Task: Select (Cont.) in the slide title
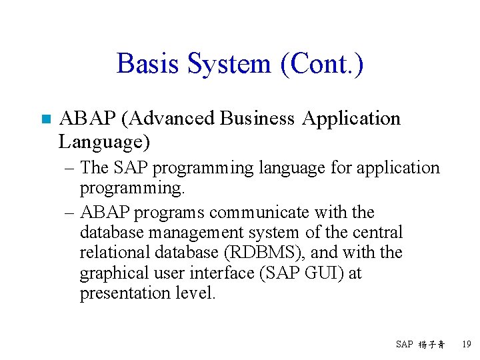[322, 65]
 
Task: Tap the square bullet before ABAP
[45, 120]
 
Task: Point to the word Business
[257, 119]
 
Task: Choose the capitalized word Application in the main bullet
[351, 119]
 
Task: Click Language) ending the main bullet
[105, 142]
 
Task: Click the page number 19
[466, 345]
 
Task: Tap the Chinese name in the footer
[432, 345]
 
